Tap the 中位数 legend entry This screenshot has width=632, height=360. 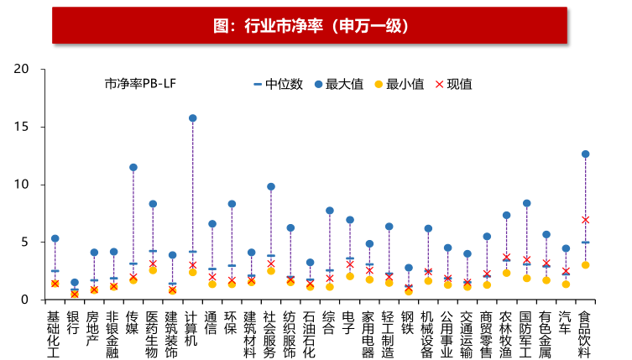tap(278, 84)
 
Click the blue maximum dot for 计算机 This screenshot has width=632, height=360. tap(192, 118)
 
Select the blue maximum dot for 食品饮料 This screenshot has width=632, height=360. tap(585, 154)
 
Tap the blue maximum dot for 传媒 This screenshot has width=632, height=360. tap(133, 168)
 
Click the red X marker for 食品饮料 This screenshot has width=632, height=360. tap(585, 220)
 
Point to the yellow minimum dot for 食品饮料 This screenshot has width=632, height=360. tap(585, 265)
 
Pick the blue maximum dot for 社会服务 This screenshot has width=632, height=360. tap(270, 186)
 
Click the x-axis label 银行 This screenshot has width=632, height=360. tap(74, 323)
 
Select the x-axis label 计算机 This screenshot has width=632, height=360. tap(192, 328)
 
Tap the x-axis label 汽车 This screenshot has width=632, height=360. tap(566, 323)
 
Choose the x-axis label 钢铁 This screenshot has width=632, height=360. tap(408, 323)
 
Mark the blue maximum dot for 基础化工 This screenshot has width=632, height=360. tap(55, 239)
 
